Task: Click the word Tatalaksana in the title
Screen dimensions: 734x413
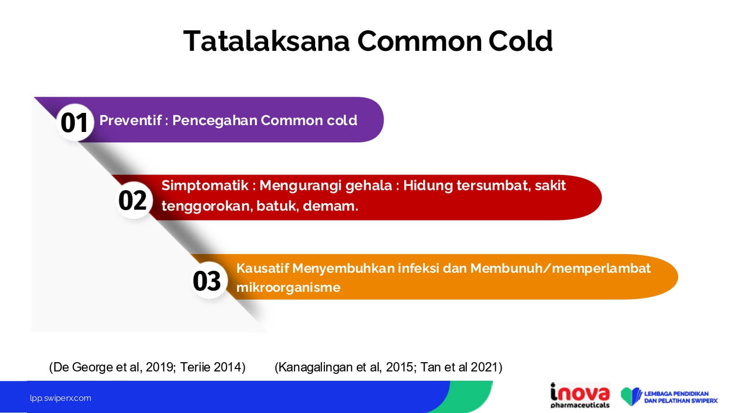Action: pos(266,41)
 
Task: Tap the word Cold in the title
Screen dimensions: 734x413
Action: pos(520,41)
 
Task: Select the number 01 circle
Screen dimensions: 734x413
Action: pos(75,123)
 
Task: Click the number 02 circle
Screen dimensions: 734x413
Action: pos(134,200)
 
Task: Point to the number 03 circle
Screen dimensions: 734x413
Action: pos(208,281)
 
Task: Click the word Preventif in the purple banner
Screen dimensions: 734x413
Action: pos(131,120)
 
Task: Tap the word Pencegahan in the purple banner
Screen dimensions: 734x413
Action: pos(215,121)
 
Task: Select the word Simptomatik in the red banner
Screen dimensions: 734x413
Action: pos(205,186)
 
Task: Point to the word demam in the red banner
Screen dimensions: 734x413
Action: pos(330,206)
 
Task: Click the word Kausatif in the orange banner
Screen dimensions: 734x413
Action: pos(262,268)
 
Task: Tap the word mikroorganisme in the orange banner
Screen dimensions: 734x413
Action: pos(288,288)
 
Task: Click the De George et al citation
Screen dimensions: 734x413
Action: pos(147,367)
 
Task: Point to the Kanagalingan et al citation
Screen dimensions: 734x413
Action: pos(389,367)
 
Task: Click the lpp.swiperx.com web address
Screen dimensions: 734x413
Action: pos(61,398)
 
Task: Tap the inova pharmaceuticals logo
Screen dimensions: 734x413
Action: pos(580,396)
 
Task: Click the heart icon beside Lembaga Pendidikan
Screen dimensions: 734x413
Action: pos(631,396)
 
